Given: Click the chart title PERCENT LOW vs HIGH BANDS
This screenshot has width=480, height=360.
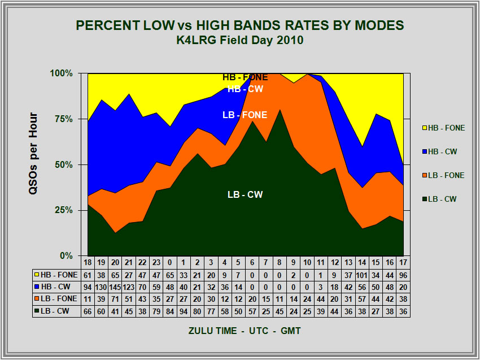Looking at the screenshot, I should [x=239, y=25].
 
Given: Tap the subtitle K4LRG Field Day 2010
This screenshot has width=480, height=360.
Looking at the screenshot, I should [x=239, y=40].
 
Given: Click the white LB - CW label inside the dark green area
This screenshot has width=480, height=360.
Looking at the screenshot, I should [x=245, y=194].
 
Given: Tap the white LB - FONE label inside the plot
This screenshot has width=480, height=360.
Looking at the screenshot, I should [x=245, y=115].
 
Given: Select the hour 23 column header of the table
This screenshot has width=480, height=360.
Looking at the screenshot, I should [x=155, y=263].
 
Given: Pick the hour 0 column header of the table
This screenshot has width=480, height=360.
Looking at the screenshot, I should [x=169, y=263].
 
